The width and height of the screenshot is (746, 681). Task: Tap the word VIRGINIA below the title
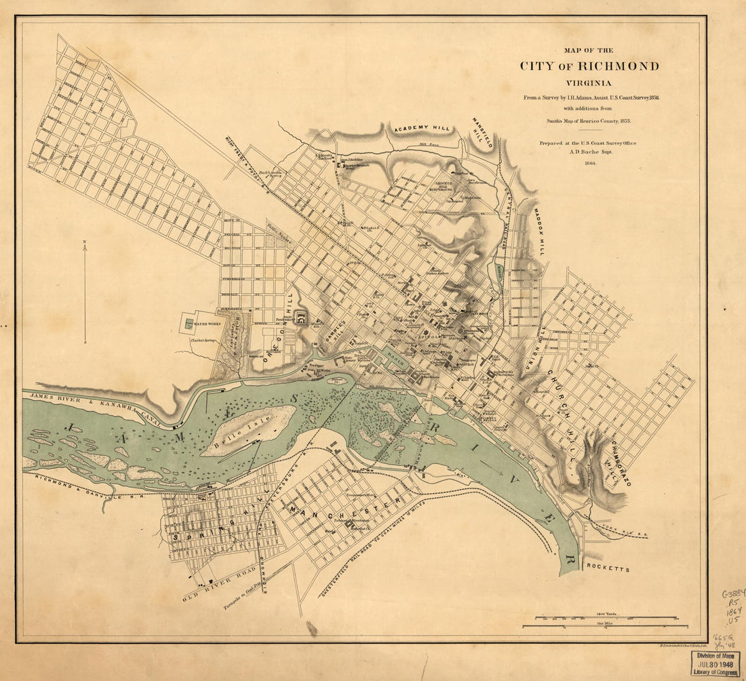coord(589,83)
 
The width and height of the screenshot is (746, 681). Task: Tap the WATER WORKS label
coord(209,325)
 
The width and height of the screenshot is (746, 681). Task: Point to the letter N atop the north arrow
coord(84,241)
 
